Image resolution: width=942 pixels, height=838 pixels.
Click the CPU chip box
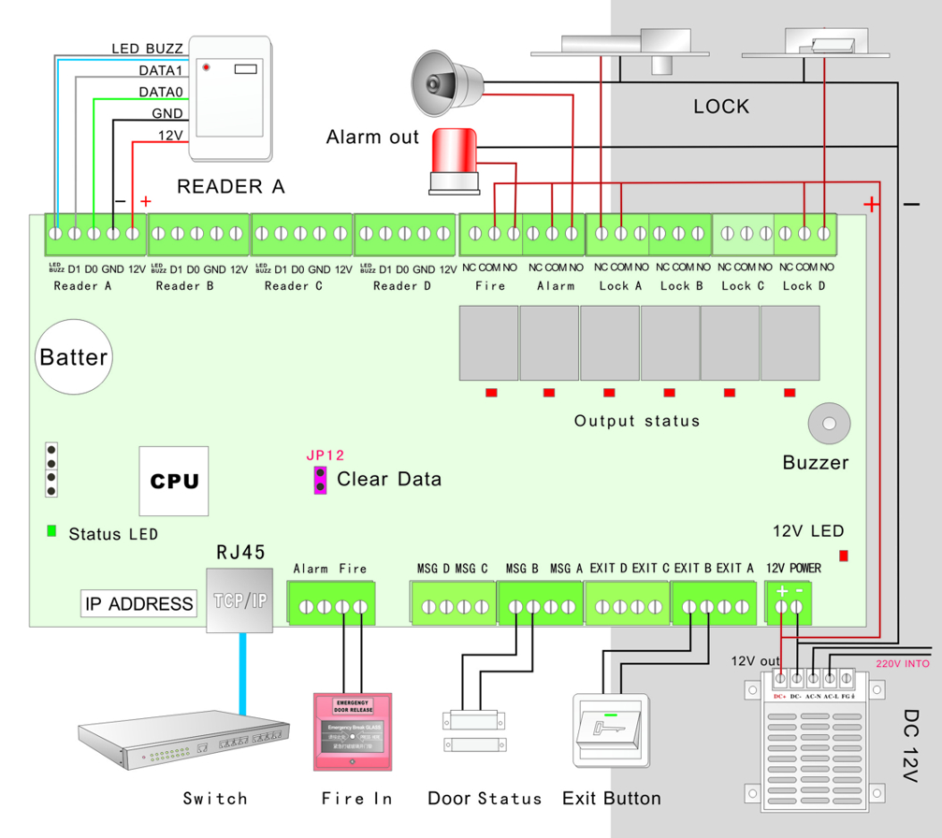pyautogui.click(x=175, y=481)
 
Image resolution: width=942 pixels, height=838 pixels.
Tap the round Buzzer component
pyautogui.click(x=828, y=425)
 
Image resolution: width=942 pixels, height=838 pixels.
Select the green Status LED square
pyautogui.click(x=51, y=531)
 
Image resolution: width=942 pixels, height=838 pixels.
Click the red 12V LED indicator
pyautogui.click(x=844, y=556)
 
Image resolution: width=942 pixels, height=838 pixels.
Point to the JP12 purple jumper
pyautogui.click(x=320, y=480)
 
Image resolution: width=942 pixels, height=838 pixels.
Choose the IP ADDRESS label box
pyautogui.click(x=139, y=604)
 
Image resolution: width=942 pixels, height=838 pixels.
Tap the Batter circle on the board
pyautogui.click(x=73, y=357)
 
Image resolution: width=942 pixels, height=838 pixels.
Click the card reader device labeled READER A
pyautogui.click(x=231, y=97)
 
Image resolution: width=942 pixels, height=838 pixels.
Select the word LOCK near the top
pyautogui.click(x=721, y=107)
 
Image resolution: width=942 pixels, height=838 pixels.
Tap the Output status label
pyautogui.click(x=636, y=421)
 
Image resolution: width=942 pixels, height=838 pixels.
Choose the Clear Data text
pyautogui.click(x=388, y=480)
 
